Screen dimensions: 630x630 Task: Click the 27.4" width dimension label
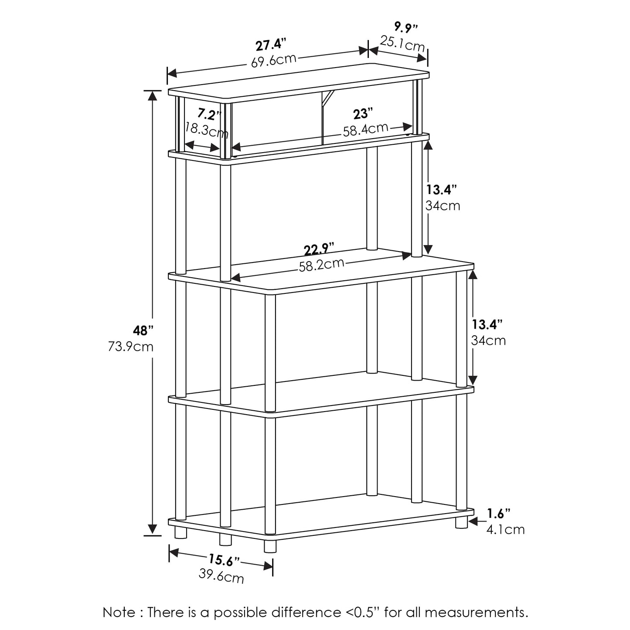click(271, 45)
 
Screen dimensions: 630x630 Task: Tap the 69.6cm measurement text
click(273, 61)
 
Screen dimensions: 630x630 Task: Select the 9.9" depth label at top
click(406, 27)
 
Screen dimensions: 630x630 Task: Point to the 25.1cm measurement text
click(402, 44)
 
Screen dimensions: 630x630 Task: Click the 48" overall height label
click(143, 330)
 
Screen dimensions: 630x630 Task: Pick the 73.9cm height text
click(131, 346)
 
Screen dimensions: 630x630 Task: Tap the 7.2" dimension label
click(209, 115)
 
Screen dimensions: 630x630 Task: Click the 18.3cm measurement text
click(207, 130)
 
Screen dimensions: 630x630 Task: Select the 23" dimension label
click(363, 114)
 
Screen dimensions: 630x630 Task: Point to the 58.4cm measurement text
click(365, 129)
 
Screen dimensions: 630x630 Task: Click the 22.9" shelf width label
click(319, 249)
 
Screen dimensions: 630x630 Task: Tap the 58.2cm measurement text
click(322, 265)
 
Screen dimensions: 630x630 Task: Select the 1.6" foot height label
click(499, 514)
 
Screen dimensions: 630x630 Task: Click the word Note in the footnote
click(119, 612)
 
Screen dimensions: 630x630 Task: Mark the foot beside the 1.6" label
click(461, 522)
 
